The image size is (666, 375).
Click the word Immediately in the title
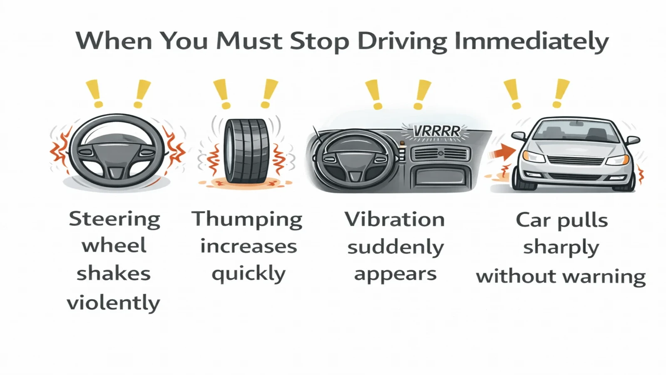[x=532, y=41]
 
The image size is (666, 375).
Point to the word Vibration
[x=395, y=220]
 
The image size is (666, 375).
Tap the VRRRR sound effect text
[x=436, y=131]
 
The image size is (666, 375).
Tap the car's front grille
[x=576, y=160]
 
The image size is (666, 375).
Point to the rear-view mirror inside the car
[x=576, y=123]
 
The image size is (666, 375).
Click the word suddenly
[x=395, y=247]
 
